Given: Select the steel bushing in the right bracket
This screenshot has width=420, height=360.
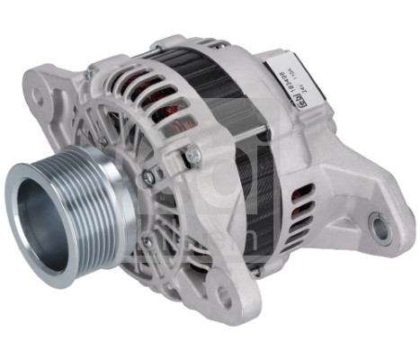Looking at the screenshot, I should (x=380, y=228).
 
